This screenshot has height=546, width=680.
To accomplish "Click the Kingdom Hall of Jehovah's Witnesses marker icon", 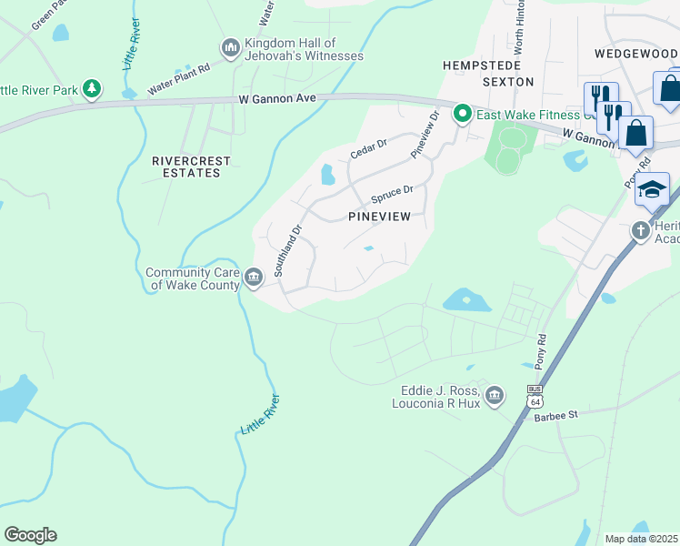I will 230,46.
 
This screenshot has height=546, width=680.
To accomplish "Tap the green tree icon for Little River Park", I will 91,88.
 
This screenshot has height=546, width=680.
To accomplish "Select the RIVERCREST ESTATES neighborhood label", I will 191,167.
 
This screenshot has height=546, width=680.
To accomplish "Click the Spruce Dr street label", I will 392,195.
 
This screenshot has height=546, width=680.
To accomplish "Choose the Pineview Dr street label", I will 424,135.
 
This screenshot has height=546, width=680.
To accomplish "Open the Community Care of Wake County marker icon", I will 254,275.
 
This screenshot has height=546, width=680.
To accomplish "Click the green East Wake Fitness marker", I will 462,114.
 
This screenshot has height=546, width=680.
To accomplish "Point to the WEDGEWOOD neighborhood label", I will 635,54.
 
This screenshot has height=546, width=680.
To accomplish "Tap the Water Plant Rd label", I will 179,79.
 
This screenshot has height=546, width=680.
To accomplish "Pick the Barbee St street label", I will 556,415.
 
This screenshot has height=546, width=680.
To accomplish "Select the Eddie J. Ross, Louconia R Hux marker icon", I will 494,394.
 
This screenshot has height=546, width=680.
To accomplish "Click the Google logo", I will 30,534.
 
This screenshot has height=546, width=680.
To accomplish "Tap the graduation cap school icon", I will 652,189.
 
